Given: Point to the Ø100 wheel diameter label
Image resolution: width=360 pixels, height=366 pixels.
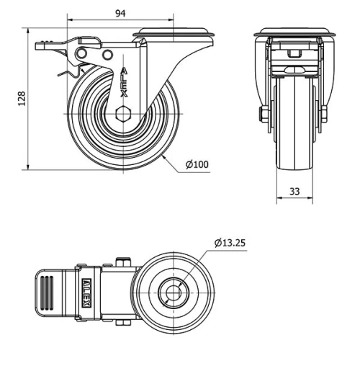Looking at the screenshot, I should (x=197, y=165).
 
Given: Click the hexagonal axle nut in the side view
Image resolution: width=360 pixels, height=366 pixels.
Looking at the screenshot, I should (x=123, y=113).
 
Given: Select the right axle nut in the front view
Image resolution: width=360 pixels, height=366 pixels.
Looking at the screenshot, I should (x=324, y=113).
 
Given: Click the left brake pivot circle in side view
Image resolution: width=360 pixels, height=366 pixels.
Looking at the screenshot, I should (x=82, y=55).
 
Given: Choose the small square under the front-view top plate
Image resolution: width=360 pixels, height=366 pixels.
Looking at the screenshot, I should (x=292, y=53).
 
